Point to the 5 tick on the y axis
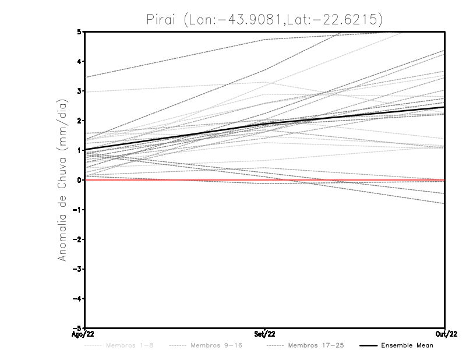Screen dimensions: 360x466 pyautogui.click(x=79, y=31)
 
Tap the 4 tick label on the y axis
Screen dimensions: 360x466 pyautogui.click(x=79, y=61)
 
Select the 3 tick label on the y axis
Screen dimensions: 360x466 pyautogui.click(x=79, y=91)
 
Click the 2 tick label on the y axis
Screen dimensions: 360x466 pyautogui.click(x=79, y=121)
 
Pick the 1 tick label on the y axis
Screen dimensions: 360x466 pyautogui.click(x=79, y=150)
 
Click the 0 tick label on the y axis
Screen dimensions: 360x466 pyautogui.click(x=79, y=180)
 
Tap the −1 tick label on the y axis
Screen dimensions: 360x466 pyautogui.click(x=76, y=210)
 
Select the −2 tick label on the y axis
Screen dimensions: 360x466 pyautogui.click(x=76, y=239)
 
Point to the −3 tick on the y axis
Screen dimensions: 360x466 pyautogui.click(x=76, y=269)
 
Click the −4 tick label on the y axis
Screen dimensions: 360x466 pyautogui.click(x=76, y=299)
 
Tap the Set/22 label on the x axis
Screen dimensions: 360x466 pyautogui.click(x=265, y=334)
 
